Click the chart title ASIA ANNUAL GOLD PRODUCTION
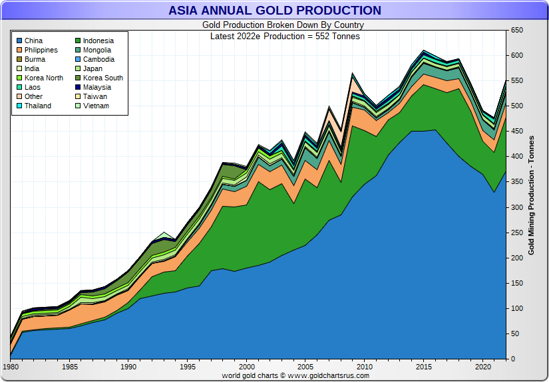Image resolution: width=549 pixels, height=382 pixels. (274, 11)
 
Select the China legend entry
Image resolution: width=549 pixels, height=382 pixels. (33, 41)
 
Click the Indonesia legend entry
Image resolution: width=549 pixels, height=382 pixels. (98, 41)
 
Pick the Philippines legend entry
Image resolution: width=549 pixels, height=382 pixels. (41, 50)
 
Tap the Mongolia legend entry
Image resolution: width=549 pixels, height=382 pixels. (97, 50)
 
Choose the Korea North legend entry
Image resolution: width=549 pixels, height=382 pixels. (43, 78)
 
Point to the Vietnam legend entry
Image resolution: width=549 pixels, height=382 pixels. (96, 106)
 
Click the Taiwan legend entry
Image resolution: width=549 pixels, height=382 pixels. (95, 96)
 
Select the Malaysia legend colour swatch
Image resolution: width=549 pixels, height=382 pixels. (77, 87)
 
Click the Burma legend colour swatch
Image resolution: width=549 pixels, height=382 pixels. (19, 59)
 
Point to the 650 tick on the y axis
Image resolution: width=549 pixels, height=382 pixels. (516, 31)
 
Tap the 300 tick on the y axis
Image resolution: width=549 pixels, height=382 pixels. (516, 207)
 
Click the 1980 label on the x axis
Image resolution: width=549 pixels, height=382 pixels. (11, 367)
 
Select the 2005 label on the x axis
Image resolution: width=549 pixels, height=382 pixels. (305, 367)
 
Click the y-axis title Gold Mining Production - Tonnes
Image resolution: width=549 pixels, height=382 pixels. (531, 195)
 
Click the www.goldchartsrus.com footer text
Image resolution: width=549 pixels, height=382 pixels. (329, 375)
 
